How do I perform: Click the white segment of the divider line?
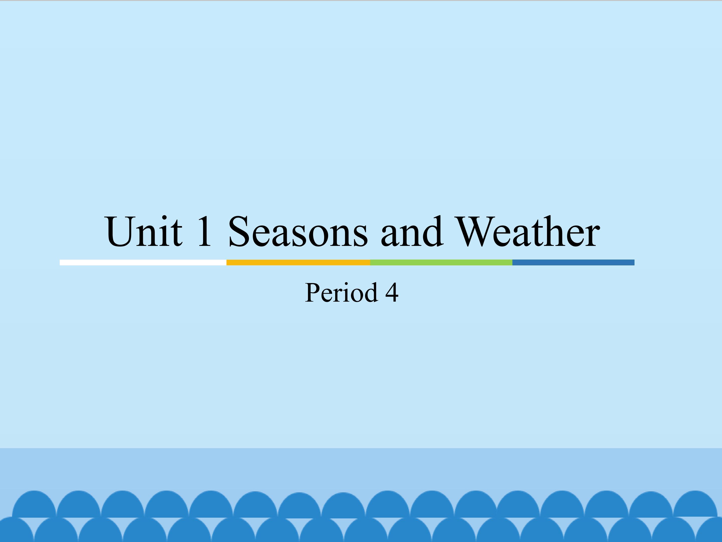tap(143, 262)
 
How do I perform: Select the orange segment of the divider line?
tap(298, 262)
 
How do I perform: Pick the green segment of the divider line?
tap(441, 262)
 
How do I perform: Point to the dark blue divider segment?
tap(573, 262)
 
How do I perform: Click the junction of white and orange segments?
tap(227, 262)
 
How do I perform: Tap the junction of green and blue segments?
tap(512, 262)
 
